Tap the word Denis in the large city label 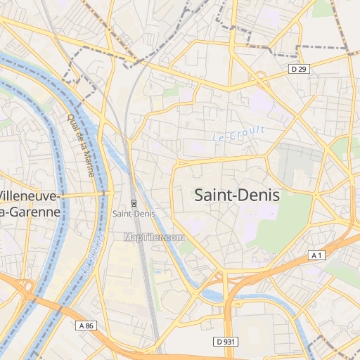(x=257, y=195)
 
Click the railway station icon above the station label (x=134, y=204)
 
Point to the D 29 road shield (x=299, y=68)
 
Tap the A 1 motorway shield (x=317, y=256)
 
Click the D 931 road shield (x=224, y=341)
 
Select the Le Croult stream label (x=239, y=132)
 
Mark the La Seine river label (x=94, y=255)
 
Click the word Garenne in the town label (x=32, y=211)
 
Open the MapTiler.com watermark (x=153, y=238)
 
